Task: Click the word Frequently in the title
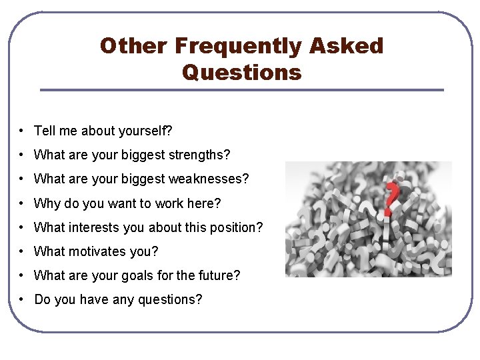[238, 46]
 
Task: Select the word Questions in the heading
[241, 71]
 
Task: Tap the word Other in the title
[133, 46]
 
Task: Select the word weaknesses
[213, 179]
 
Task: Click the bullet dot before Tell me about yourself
[22, 131]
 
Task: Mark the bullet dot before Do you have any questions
[22, 299]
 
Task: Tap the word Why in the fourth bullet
[47, 203]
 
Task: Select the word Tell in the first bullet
[45, 131]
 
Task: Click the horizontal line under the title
[241, 90]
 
